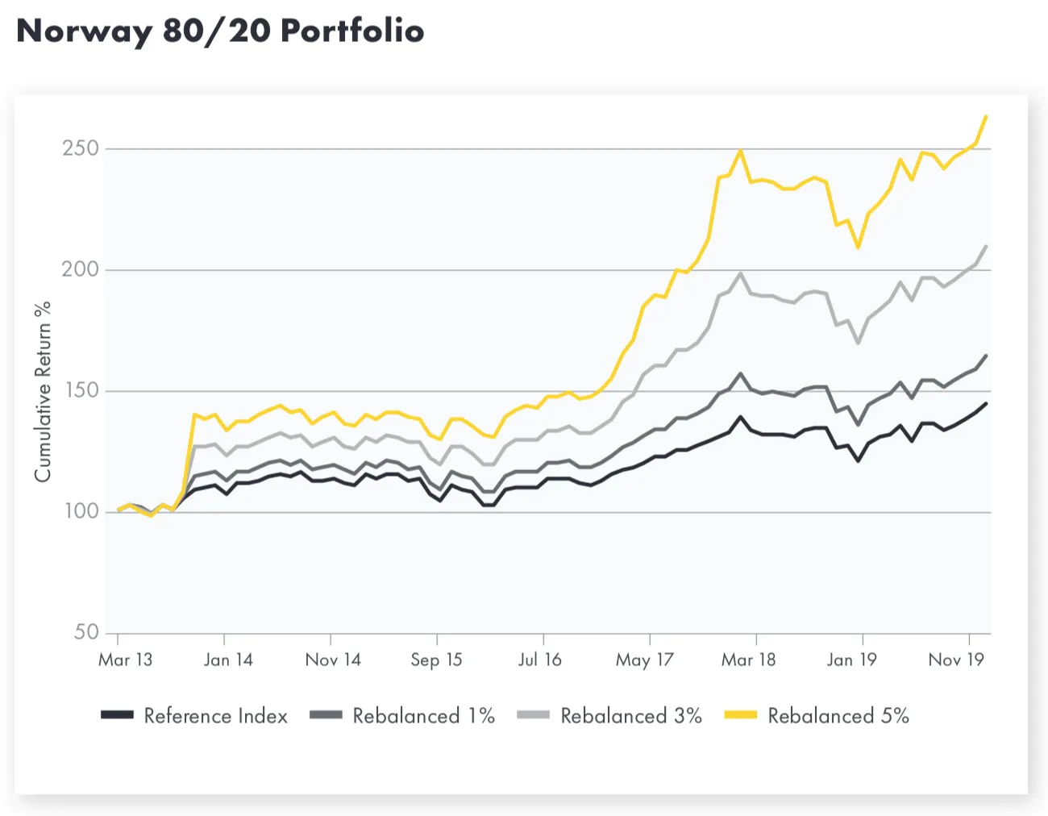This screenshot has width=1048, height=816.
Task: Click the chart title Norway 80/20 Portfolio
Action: point(220,31)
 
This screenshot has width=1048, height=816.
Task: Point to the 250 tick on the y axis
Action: point(81,148)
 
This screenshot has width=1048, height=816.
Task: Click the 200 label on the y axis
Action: point(81,269)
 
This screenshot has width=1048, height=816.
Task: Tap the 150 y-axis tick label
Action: point(81,390)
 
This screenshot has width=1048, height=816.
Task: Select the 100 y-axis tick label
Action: point(81,511)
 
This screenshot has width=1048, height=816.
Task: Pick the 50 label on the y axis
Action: point(86,632)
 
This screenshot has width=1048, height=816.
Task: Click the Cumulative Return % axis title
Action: point(43,392)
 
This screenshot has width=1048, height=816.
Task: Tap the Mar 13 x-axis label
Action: point(125,660)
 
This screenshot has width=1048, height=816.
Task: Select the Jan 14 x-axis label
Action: point(228,660)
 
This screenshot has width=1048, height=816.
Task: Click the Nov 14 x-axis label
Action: point(333,660)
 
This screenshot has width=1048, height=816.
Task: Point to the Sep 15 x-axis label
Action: point(436,660)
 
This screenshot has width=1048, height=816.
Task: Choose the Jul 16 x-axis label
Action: point(539,660)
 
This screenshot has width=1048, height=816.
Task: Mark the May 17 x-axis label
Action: point(644,660)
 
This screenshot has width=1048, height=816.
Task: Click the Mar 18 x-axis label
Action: point(748,660)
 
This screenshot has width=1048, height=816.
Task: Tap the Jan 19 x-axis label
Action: point(851,660)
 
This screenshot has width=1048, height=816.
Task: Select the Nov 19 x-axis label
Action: point(956,660)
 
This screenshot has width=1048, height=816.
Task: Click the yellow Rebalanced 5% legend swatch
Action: point(740,715)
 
